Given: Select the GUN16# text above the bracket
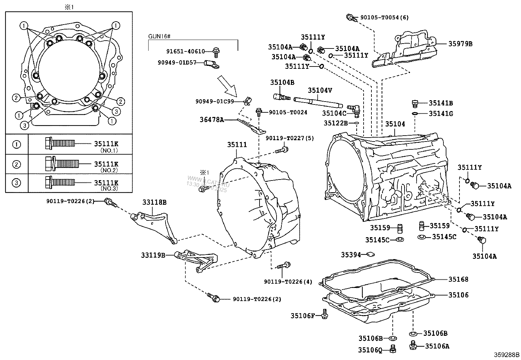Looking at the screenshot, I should [159, 36].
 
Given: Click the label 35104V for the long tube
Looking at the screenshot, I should [320, 90].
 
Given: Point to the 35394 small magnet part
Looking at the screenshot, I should [371, 254].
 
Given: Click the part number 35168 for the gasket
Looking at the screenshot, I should [458, 279].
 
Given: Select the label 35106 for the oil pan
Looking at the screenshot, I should [458, 295].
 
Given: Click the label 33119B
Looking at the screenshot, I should [153, 255].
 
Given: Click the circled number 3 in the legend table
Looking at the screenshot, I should [16, 182].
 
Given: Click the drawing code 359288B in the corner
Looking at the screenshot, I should [507, 354].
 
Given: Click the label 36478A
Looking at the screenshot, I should [212, 120].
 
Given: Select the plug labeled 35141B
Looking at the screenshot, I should [415, 104].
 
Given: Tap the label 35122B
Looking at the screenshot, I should [336, 123].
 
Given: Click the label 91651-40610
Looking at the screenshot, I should [185, 51].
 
